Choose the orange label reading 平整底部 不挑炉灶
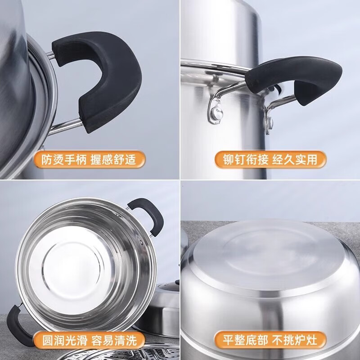[x=270, y=338]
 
